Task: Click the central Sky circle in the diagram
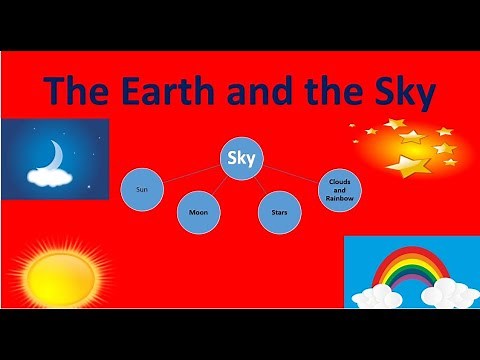(x=240, y=159)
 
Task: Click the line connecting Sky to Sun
(x=190, y=172)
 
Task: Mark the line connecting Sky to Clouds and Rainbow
(x=290, y=172)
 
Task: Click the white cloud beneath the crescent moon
(x=49, y=178)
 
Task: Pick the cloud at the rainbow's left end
(x=372, y=295)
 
